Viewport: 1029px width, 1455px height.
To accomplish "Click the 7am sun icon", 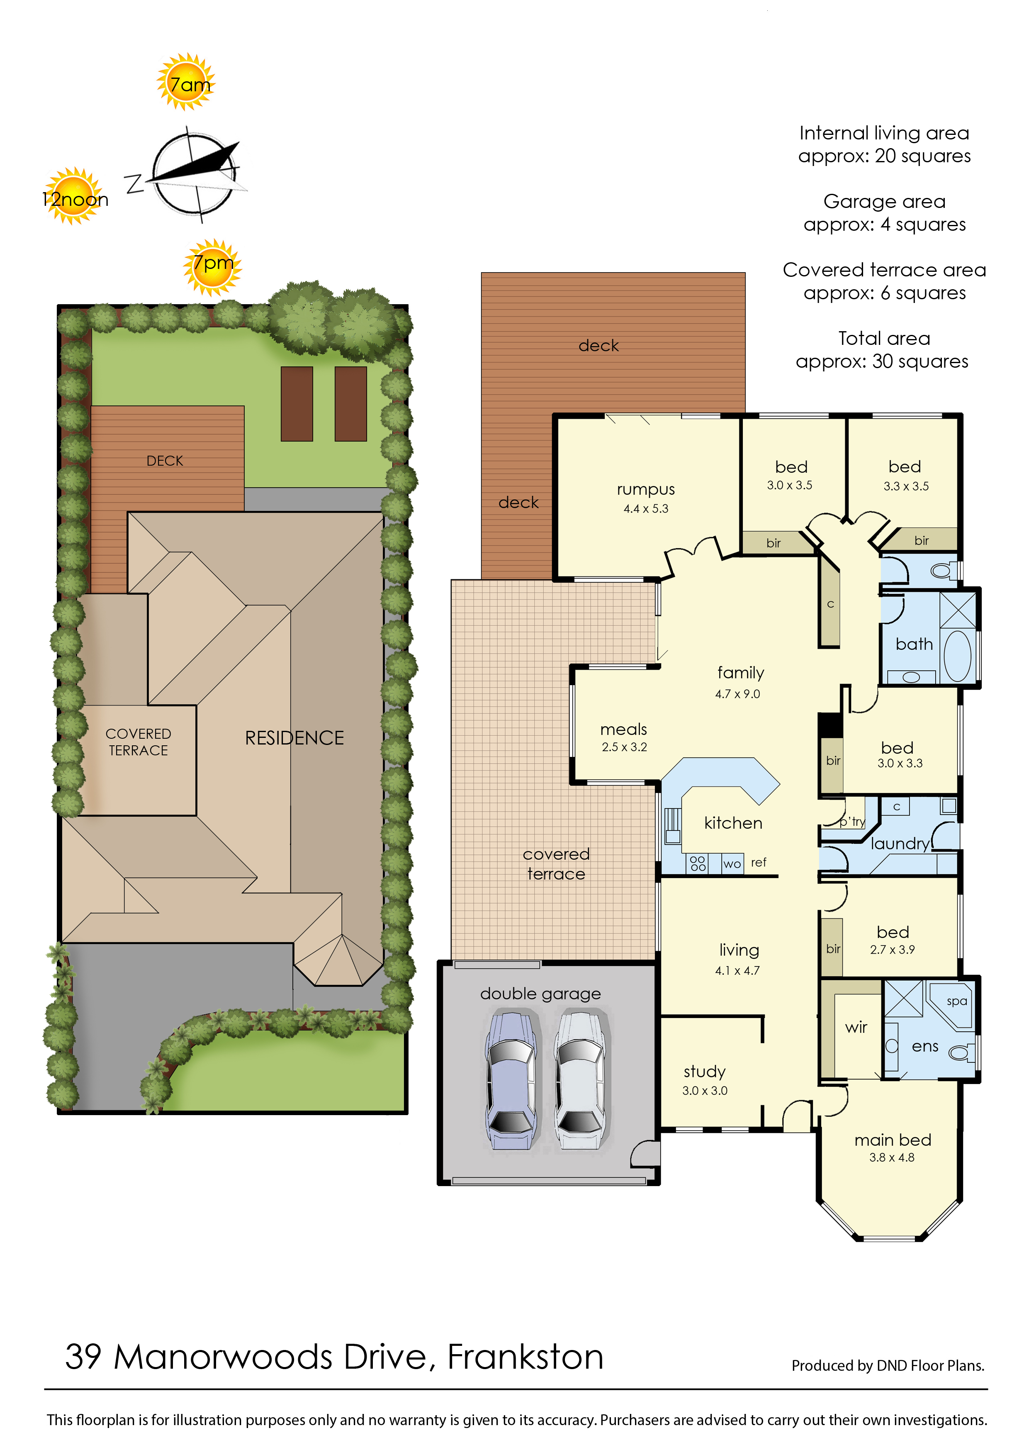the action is point(186,82).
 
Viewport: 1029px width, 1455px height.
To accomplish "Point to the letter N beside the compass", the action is point(134,184).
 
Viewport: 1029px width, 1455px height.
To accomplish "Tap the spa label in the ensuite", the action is point(957,1002).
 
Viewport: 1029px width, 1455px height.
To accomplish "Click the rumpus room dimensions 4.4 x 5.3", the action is point(646,508).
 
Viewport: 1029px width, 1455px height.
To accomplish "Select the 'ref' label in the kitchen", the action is point(759,862).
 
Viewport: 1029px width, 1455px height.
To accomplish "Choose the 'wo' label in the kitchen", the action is point(732,864).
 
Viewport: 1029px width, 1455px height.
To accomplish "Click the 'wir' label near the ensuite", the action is point(856,1027).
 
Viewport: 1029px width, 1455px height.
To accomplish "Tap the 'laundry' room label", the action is point(900,844).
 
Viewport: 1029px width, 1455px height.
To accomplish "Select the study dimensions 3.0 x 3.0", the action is point(705,1091).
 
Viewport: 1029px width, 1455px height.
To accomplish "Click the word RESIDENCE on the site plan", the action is point(294,738).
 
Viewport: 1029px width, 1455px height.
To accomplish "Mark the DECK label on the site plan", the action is point(165,461).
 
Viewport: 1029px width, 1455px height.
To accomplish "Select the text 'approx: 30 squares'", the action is point(882,361).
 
